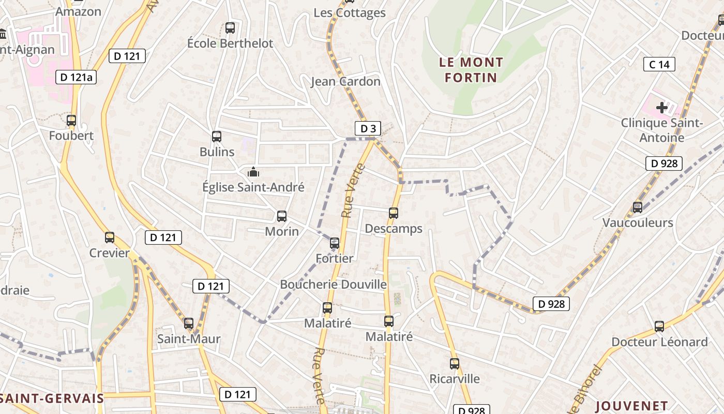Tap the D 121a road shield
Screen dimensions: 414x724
click(76, 77)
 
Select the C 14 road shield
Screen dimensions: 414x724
click(659, 64)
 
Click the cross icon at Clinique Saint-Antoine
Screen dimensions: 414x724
click(661, 108)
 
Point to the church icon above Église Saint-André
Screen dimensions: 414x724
click(253, 171)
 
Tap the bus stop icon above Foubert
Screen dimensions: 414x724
click(71, 121)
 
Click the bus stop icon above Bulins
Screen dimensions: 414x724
click(217, 137)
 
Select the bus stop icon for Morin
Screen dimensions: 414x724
click(282, 216)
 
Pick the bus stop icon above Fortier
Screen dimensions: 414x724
click(335, 243)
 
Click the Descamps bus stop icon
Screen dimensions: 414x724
click(394, 213)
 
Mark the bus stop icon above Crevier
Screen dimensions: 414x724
click(110, 238)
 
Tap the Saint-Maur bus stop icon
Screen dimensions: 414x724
click(189, 323)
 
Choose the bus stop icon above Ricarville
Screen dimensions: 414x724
click(455, 364)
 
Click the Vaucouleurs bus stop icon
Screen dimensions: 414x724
click(638, 208)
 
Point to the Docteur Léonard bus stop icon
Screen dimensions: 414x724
click(659, 327)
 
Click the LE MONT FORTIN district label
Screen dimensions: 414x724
click(471, 70)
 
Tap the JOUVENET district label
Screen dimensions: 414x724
click(631, 406)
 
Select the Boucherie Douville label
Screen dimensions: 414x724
click(333, 284)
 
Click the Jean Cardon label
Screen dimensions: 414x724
click(345, 81)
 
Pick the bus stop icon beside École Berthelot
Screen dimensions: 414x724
click(230, 28)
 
